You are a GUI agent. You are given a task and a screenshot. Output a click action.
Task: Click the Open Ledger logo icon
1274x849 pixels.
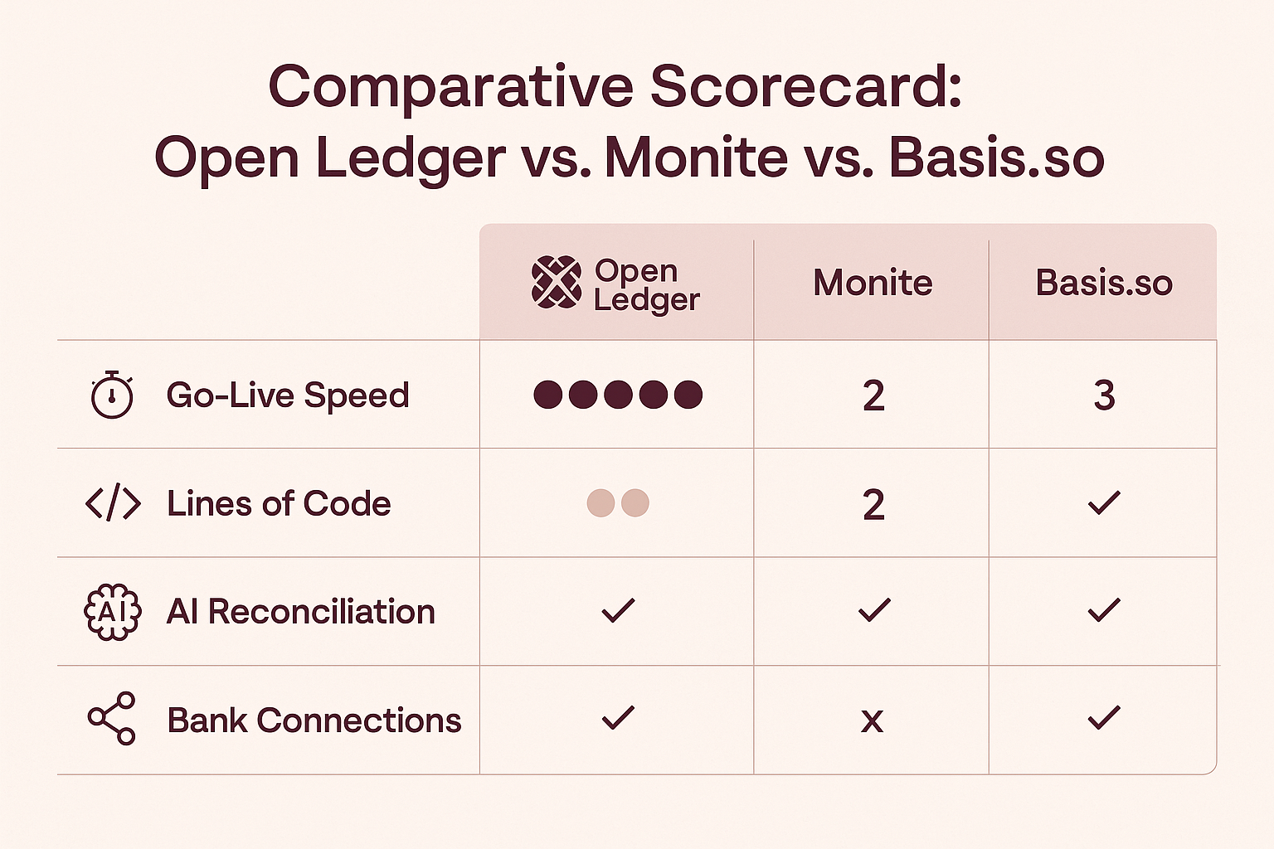pos(557,283)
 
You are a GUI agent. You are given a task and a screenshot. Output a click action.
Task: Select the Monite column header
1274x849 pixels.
pos(873,283)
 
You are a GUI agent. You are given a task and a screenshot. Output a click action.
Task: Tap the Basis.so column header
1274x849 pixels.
pos(1104,283)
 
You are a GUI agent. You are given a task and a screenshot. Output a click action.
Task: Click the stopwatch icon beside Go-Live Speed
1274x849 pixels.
pos(112,395)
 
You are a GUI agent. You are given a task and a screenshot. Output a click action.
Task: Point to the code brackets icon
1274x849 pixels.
pos(113,502)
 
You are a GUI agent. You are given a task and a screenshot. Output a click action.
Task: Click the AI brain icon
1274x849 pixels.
pos(113,612)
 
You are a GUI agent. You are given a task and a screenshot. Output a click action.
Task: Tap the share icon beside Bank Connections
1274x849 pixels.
pos(111,719)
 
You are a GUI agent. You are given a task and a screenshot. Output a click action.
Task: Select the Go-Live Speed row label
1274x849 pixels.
pos(288,395)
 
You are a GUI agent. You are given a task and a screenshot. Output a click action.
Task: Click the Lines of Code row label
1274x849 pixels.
pos(279,503)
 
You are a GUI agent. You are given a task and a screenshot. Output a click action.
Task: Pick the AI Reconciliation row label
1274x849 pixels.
pos(301,612)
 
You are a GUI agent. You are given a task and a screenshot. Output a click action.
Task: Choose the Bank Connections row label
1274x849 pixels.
pos(314,720)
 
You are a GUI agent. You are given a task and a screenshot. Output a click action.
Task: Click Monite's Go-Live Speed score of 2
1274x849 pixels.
pos(873,395)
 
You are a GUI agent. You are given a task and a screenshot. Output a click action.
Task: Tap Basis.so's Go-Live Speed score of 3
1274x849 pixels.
pos(1104,395)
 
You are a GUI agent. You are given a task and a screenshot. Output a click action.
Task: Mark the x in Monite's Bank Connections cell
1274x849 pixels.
pos(873,721)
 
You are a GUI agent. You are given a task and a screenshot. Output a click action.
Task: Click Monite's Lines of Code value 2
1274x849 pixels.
pos(873,504)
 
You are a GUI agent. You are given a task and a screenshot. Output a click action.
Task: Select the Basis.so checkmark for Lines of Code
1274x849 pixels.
pos(1104,502)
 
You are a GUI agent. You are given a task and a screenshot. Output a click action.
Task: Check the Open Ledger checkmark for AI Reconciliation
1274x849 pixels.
pos(618,610)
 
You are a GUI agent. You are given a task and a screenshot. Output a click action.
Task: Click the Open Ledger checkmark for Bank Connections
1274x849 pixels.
pos(618,718)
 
